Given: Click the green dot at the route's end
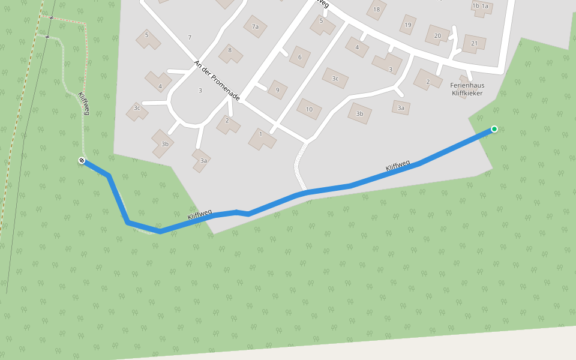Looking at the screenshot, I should tap(494, 129).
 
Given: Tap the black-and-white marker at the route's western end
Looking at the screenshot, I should tap(82, 160).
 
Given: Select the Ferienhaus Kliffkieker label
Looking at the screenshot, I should tap(467, 89).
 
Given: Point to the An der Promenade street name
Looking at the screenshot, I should tap(217, 80).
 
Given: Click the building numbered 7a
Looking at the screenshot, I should tap(255, 26).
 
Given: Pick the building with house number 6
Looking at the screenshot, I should tap(299, 58).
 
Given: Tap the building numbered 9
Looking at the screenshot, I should tap(277, 90).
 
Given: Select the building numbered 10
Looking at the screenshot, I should tap(309, 109).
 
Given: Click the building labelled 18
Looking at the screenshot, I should tap(376, 10).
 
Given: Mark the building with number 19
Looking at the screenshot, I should tap(408, 25).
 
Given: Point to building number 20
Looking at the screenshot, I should tap(437, 35).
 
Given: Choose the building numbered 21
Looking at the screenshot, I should tap(475, 43).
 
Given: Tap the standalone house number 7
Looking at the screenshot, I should tap(190, 38).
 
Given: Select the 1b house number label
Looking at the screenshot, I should tap(476, 5).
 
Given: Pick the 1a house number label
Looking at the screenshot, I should tap(485, 5).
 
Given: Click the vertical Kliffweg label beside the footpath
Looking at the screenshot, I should tap(83, 103).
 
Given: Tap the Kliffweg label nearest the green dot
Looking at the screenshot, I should tap(398, 166).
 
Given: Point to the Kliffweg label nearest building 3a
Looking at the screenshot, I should tap(200, 215).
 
